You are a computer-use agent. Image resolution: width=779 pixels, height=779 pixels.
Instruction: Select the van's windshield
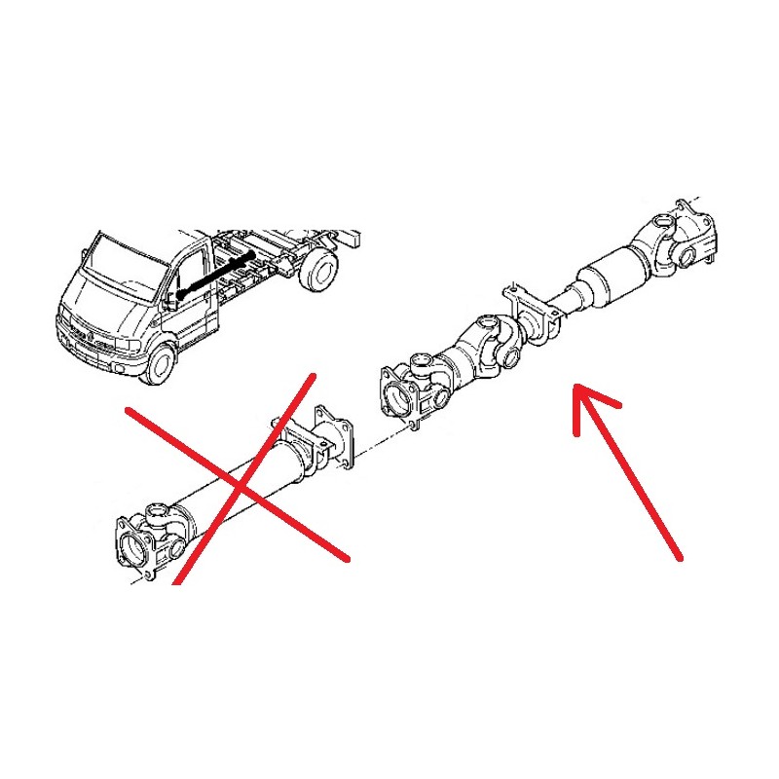125,263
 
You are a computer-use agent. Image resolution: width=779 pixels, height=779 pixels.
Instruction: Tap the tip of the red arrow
576,389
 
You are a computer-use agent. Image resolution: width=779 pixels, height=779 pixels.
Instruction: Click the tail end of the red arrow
679,557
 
